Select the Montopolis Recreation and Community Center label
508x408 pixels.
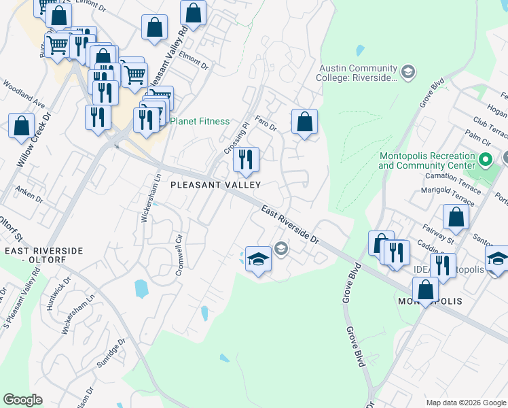point(427,160)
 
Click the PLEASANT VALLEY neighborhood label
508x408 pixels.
point(215,184)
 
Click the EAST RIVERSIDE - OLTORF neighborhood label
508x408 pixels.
point(43,255)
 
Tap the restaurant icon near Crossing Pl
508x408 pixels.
point(246,160)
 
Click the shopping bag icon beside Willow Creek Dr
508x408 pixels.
point(22,126)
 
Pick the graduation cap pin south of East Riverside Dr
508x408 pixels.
point(258,258)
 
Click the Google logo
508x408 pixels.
point(22,400)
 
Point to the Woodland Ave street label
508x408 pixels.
point(24,95)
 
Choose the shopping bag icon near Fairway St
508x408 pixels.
point(456,217)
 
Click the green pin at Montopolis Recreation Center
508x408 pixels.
point(485,161)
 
